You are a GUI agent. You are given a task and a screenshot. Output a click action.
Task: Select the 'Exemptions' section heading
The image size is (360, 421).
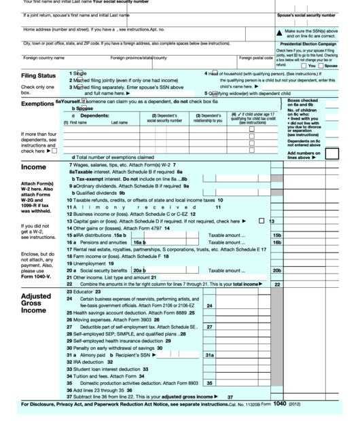point(27,104)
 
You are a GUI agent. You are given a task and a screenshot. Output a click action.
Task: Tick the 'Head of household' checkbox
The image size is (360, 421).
point(212,73)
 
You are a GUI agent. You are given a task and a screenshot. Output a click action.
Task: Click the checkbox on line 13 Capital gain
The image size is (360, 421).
point(262,221)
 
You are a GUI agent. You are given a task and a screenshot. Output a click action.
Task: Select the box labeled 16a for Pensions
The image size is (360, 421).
point(139,242)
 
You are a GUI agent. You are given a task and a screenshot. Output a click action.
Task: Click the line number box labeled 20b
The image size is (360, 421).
point(276,270)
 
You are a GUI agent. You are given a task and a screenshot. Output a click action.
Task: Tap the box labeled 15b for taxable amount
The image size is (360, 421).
point(276,234)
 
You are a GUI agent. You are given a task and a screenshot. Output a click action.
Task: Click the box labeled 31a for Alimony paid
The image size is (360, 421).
point(210,354)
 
